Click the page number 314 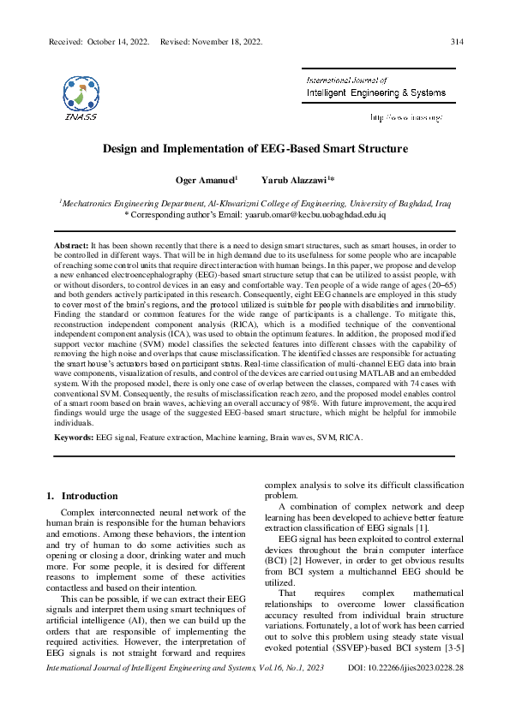click(457, 41)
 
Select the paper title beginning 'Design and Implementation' click(255, 148)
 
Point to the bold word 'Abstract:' click(71, 245)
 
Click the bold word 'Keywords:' click(74, 437)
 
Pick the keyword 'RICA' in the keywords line click(350, 437)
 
